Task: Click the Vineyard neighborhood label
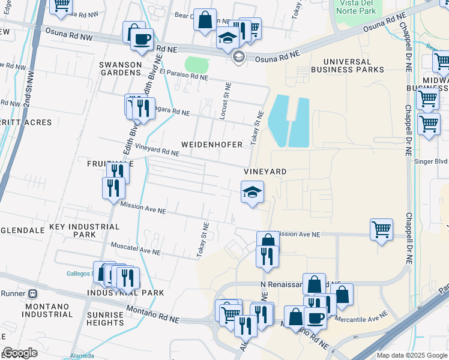(265, 172)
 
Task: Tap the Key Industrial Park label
(84, 232)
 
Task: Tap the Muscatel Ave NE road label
(136, 248)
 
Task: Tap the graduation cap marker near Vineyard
(252, 193)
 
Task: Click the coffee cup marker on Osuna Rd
(142, 40)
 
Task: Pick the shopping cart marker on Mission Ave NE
(381, 229)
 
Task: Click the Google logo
(20, 353)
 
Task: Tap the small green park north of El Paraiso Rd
(196, 64)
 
